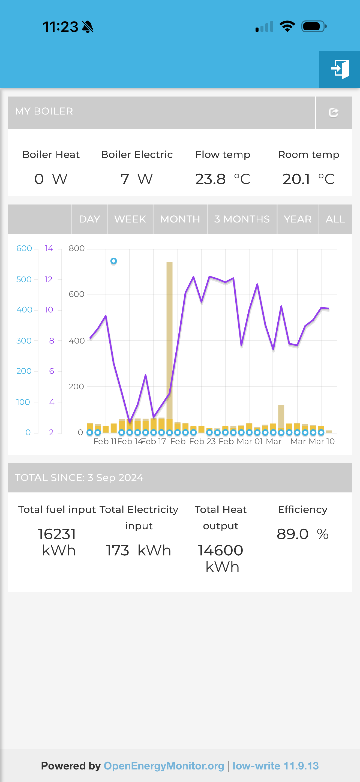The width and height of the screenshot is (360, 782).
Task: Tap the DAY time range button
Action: tap(89, 219)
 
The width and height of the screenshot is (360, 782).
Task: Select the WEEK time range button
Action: tap(130, 219)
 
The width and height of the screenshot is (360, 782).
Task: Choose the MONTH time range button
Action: tap(180, 219)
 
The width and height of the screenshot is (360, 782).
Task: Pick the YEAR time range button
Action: tap(298, 219)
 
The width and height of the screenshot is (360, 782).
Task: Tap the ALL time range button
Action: tap(335, 219)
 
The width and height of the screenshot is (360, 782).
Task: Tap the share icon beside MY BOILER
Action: tap(333, 113)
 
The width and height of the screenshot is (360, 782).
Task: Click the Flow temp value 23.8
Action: tap(210, 179)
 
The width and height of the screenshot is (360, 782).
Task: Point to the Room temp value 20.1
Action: tap(296, 179)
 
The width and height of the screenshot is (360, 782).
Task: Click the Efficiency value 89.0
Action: tap(292, 534)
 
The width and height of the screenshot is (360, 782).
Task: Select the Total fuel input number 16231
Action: tap(57, 534)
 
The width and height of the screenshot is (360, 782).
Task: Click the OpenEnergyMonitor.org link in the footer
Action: tap(164, 766)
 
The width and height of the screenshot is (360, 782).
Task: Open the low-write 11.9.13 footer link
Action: tap(276, 766)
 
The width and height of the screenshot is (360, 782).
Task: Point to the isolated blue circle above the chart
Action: tap(113, 261)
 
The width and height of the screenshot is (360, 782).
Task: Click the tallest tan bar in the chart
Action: tap(169, 334)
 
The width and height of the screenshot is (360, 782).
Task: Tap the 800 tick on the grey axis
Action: tap(76, 248)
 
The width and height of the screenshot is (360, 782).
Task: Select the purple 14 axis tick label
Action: tap(49, 248)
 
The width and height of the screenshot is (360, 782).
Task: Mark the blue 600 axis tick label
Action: tap(24, 248)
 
